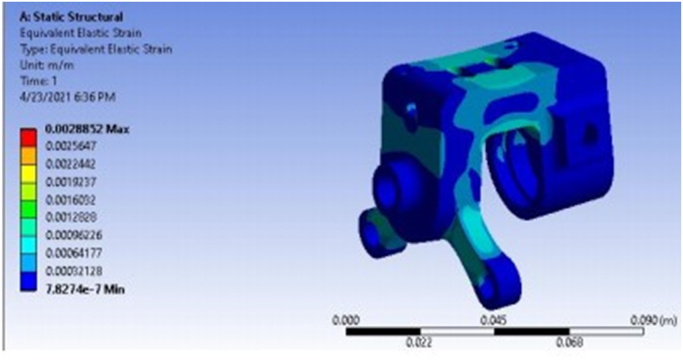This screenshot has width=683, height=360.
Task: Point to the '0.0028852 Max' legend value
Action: pyautogui.click(x=86, y=129)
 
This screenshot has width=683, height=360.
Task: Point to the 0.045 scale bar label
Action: pyautogui.click(x=493, y=319)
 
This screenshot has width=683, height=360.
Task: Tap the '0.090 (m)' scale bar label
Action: pyautogui.click(x=654, y=319)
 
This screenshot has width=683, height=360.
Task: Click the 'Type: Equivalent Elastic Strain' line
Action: pyautogui.click(x=93, y=49)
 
